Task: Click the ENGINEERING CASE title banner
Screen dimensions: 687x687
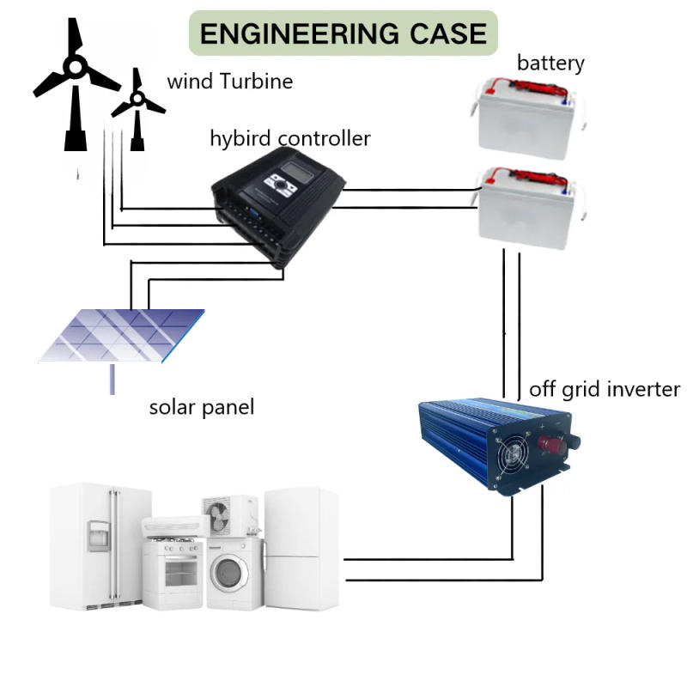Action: point(343,33)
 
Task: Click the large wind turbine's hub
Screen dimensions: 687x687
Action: point(75,65)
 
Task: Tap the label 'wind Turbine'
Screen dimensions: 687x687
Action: point(229,82)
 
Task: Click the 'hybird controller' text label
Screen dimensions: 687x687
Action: point(290,138)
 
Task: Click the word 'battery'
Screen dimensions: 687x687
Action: point(550,63)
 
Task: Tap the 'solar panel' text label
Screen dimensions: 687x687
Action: point(202,406)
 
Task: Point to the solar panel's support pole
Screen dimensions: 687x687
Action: point(112,379)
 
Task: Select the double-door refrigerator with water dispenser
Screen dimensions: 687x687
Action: point(99,545)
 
